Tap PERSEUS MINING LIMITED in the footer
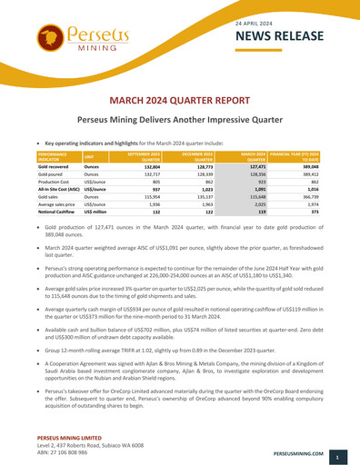point(62,439)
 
